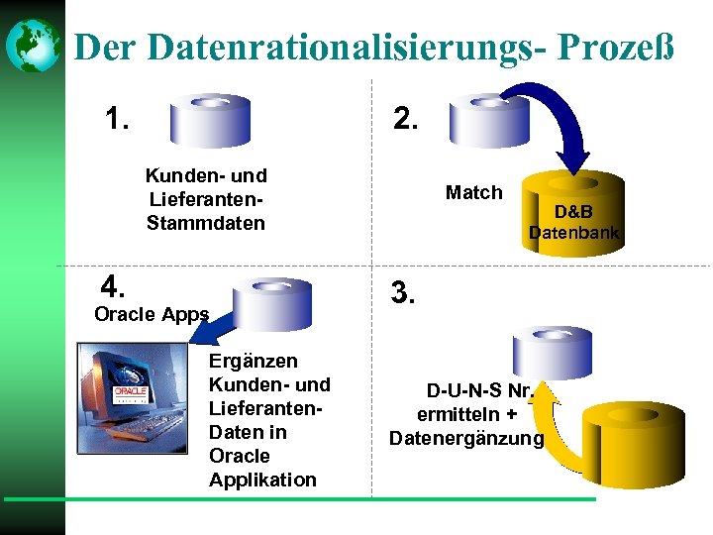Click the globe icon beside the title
32,46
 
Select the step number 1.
117,120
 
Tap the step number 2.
406,120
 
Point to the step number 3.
404,293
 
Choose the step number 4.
113,287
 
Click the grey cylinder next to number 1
210,120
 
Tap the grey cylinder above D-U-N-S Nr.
552,352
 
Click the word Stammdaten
206,223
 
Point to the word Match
473,192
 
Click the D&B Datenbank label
573,223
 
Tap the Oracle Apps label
151,314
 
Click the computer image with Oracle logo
133,396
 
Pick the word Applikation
262,480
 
